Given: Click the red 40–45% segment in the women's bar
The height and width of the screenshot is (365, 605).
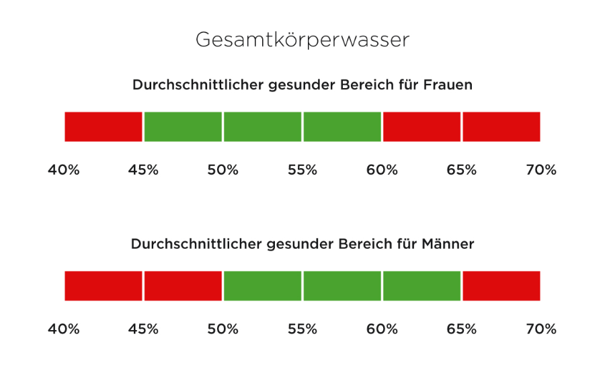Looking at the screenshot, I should (x=104, y=126).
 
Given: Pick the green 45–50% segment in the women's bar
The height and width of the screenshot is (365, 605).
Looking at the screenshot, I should (x=183, y=126).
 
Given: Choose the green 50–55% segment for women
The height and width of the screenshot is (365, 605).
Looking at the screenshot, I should (x=262, y=126).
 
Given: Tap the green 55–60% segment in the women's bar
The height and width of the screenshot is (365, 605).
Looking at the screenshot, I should (x=342, y=126).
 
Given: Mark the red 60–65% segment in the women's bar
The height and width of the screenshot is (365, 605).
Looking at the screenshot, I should (x=421, y=126).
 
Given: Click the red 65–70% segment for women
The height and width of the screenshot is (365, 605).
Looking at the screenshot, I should (x=501, y=126).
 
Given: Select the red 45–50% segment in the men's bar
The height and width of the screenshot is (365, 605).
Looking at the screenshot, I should (x=183, y=286).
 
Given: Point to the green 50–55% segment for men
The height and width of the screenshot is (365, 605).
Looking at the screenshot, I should (x=262, y=286).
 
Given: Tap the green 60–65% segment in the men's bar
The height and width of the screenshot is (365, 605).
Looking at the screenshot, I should (x=421, y=286).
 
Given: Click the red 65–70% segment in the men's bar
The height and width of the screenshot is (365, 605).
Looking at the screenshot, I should (x=501, y=286).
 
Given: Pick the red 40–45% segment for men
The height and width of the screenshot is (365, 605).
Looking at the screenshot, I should (x=104, y=286).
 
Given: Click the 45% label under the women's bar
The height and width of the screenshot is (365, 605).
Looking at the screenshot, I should (x=143, y=170).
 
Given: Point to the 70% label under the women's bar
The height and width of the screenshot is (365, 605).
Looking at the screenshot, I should (x=541, y=170).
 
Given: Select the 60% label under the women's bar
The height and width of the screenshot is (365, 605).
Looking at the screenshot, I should (x=382, y=170).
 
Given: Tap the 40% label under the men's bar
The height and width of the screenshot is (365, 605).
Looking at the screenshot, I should (x=64, y=329).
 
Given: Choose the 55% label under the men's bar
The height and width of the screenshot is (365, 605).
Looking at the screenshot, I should (x=302, y=329).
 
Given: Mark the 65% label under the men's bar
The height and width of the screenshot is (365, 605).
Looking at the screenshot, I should (x=462, y=329).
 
